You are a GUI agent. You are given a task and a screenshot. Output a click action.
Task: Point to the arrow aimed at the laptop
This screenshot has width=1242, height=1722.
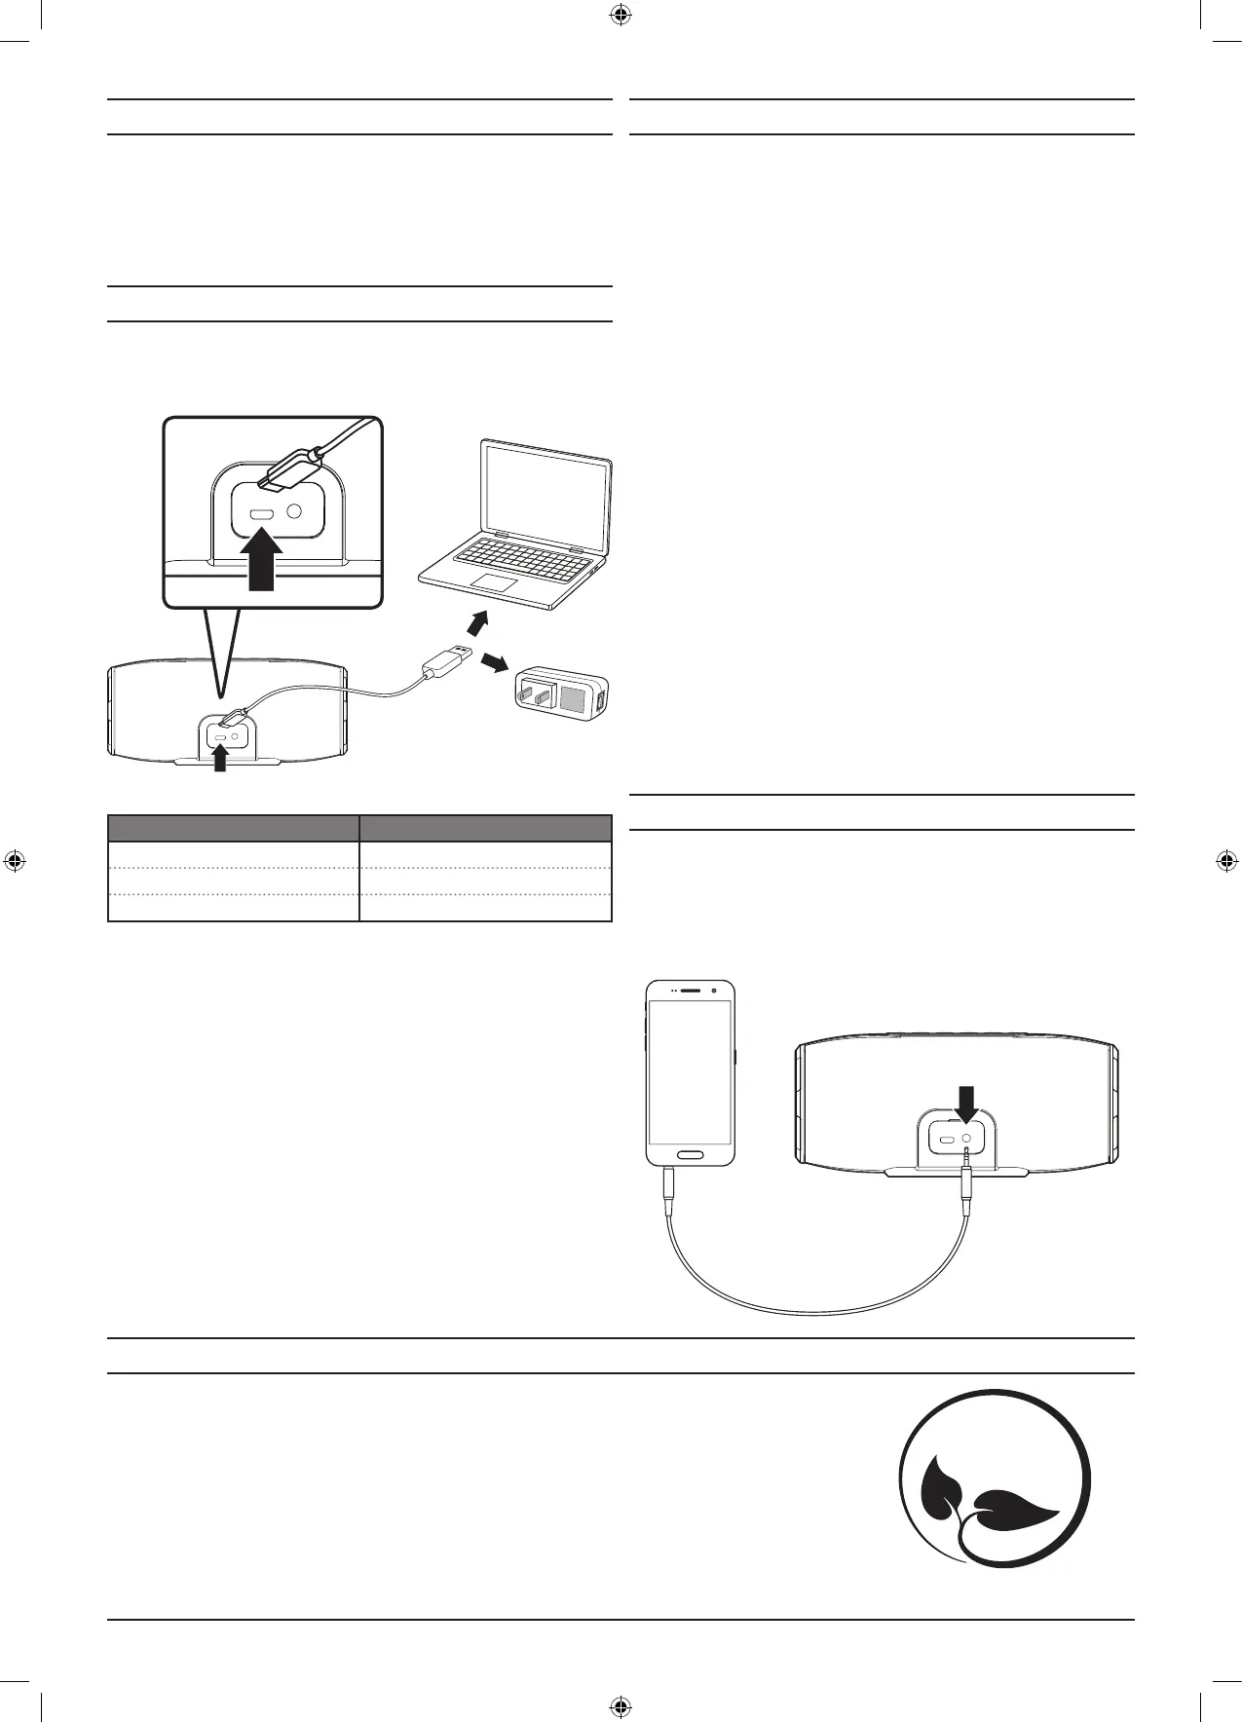(476, 620)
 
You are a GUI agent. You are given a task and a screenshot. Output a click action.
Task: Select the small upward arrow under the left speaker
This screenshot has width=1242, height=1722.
(220, 759)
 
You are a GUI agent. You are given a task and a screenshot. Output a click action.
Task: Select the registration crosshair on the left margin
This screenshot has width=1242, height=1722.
(15, 861)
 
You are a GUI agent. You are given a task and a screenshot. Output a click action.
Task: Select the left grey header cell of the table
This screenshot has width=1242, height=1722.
(233, 828)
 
